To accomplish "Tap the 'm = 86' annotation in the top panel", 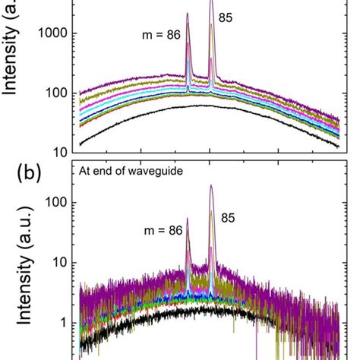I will [160, 34].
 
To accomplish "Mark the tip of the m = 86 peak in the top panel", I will [188, 14].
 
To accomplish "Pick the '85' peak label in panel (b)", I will [229, 218].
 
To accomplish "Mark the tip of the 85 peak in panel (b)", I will [210, 185].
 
